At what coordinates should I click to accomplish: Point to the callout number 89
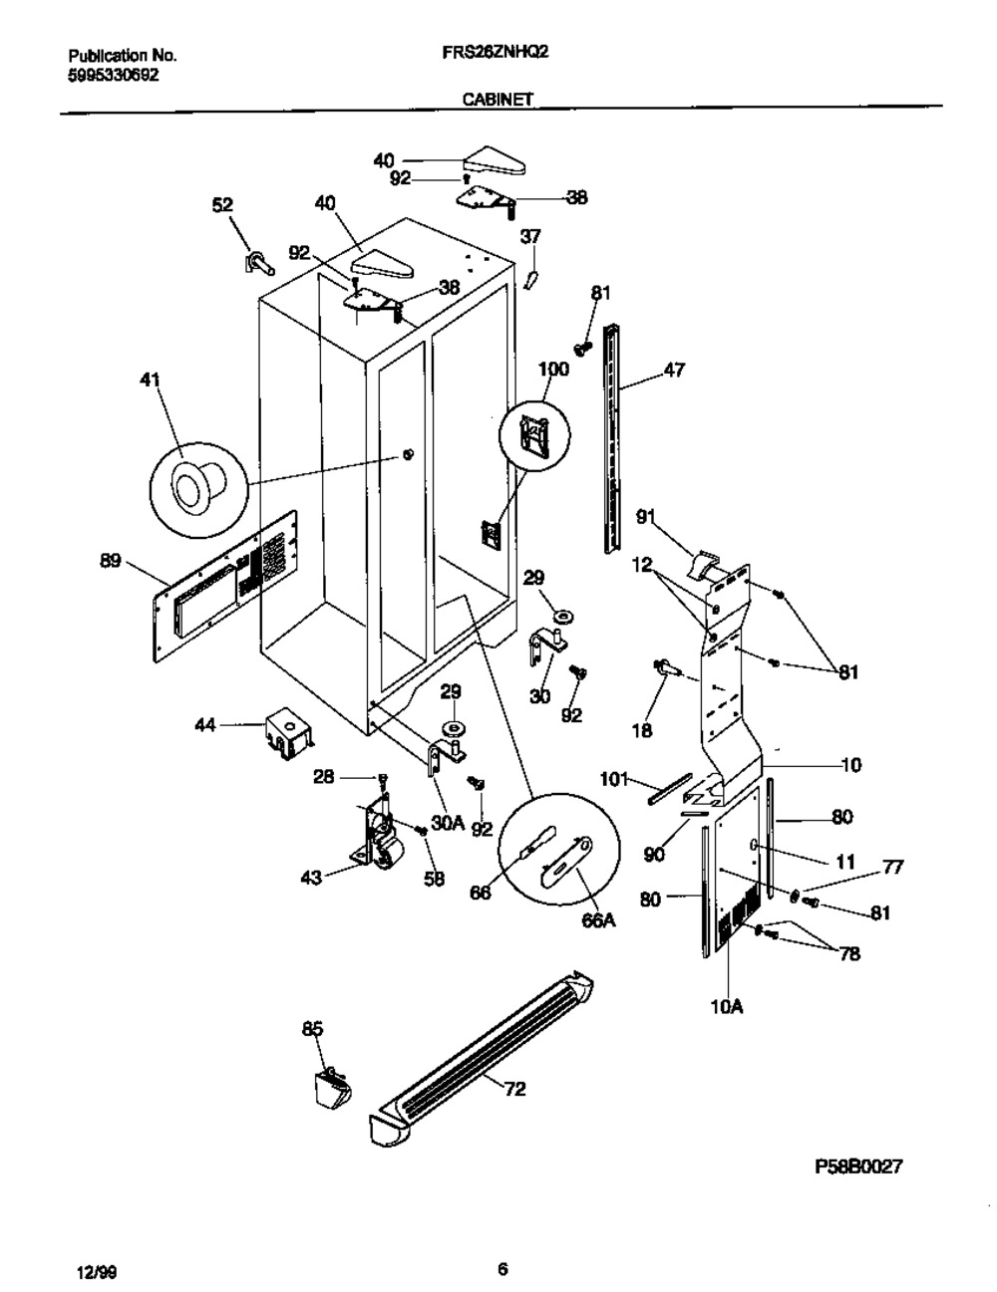pos(110,562)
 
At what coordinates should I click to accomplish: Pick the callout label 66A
pos(597,921)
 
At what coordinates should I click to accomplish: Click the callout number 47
pos(674,371)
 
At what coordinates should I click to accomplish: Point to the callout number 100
pos(552,370)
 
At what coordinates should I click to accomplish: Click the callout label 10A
pos(727,1007)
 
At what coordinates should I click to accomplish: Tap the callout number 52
pos(221,204)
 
